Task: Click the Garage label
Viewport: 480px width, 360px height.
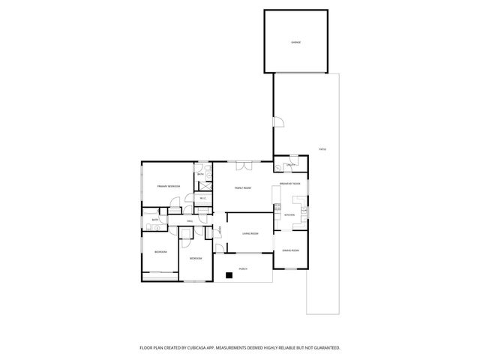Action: (x=295, y=42)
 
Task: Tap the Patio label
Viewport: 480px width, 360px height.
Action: (x=322, y=149)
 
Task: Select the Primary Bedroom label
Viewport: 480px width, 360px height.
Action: (x=168, y=185)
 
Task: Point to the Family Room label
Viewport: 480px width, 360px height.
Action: (x=242, y=187)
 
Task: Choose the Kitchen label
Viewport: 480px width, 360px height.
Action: (x=289, y=214)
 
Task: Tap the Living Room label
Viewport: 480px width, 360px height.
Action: (x=250, y=234)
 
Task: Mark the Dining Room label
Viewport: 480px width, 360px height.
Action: (x=291, y=250)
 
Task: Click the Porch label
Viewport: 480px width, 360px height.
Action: (x=243, y=268)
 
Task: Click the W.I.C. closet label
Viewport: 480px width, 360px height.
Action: (x=202, y=198)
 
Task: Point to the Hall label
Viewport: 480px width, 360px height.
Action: (x=190, y=222)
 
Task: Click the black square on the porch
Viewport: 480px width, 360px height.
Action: (x=230, y=275)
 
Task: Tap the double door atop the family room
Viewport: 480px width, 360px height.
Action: (x=243, y=164)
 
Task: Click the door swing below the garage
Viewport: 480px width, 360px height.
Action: (x=277, y=122)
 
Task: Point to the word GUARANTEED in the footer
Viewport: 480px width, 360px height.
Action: (x=325, y=348)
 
